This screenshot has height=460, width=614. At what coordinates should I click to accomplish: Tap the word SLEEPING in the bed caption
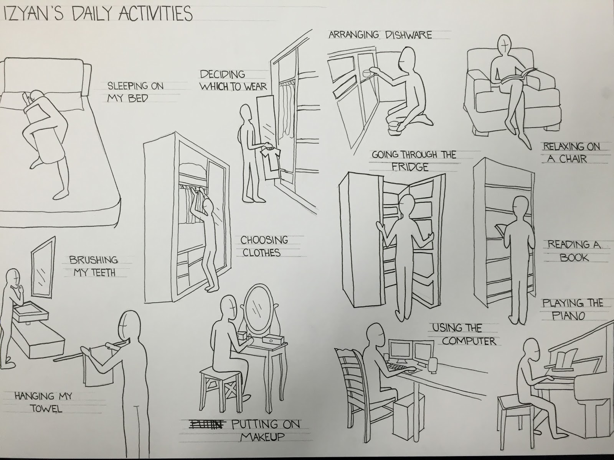[124, 85]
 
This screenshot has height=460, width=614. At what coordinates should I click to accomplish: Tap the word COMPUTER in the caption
[469, 341]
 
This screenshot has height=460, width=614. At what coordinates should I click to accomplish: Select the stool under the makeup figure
[219, 387]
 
